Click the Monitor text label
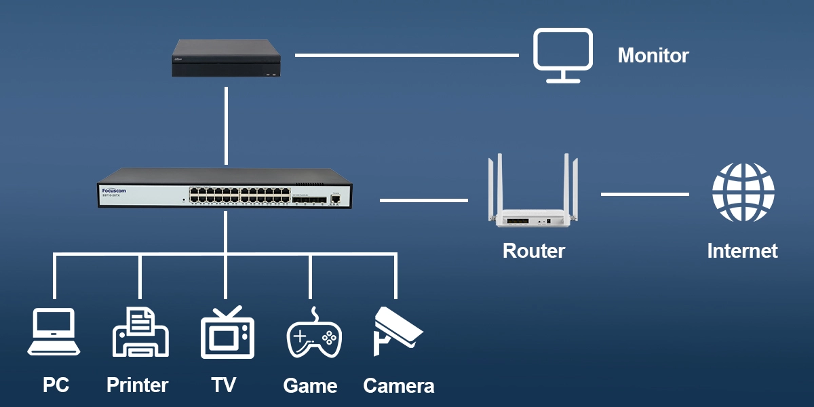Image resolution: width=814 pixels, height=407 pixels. (x=653, y=56)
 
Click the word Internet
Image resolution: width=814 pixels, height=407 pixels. (x=742, y=251)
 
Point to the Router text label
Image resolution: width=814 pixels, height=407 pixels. (x=534, y=251)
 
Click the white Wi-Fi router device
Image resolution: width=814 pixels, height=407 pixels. (x=534, y=203)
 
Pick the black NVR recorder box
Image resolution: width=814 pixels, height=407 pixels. (x=227, y=58)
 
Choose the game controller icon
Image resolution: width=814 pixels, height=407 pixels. (x=313, y=334)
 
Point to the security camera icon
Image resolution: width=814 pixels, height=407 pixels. (x=396, y=331)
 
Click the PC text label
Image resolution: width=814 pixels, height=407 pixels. (x=56, y=385)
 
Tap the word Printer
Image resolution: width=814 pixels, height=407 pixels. (x=137, y=385)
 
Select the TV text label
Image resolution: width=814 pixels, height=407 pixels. (x=223, y=385)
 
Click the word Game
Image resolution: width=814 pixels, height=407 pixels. (x=310, y=386)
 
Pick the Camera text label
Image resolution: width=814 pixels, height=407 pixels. (x=398, y=386)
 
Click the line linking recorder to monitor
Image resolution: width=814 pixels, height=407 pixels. (x=407, y=55)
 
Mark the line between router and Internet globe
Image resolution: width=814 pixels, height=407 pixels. (x=644, y=194)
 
